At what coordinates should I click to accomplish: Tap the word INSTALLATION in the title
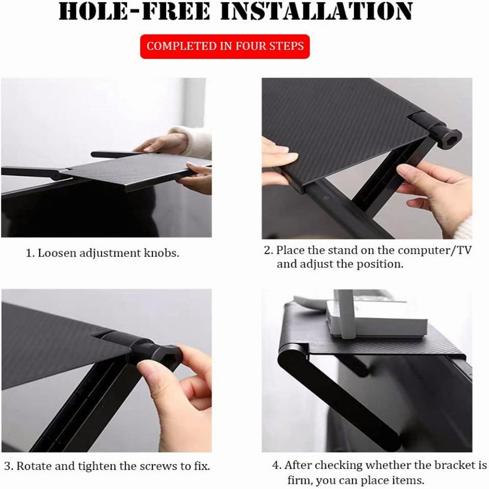pyautogui.click(x=316, y=11)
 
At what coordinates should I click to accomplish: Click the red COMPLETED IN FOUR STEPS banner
pyautogui.click(x=225, y=46)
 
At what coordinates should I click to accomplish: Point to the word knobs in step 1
pyautogui.click(x=161, y=253)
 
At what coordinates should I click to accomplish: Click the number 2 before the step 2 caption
pyautogui.click(x=268, y=251)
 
